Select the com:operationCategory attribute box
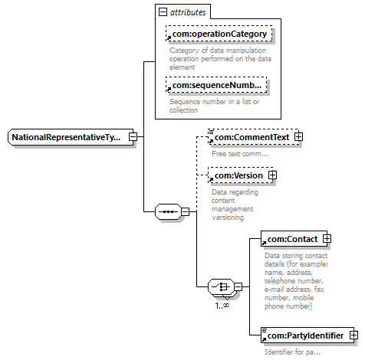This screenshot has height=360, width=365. [219, 34]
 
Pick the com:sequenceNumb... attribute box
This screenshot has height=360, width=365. [216, 85]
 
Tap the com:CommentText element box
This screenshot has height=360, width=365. [254, 137]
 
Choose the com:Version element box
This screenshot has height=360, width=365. [241, 175]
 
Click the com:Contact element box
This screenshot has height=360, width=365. [294, 239]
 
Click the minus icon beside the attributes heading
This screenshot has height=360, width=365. [163, 12]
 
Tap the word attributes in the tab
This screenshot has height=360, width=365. [188, 12]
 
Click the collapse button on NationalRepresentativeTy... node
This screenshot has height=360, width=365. [133, 137]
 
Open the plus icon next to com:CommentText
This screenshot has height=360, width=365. [298, 137]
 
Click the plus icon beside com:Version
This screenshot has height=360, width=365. [272, 175]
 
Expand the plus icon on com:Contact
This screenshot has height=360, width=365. [327, 239]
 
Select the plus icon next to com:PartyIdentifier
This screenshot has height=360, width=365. [353, 335]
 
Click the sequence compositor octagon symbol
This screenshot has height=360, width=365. [168, 211]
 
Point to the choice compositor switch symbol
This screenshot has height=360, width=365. [221, 286]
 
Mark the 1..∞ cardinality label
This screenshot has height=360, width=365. [222, 306]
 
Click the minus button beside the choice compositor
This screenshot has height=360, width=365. [238, 286]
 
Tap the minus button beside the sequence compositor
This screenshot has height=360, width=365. [185, 211]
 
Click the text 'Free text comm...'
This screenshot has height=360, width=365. [240, 154]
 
